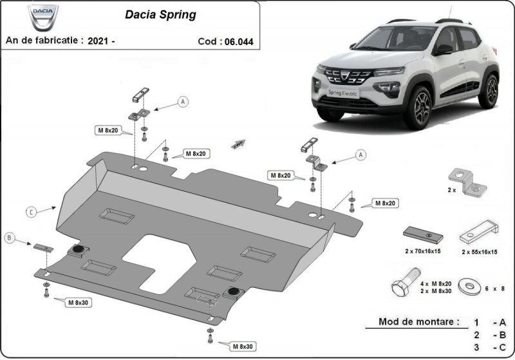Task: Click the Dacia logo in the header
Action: [43, 17]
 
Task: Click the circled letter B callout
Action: [9, 238]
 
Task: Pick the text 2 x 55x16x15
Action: [479, 252]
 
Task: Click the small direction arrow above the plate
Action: [239, 144]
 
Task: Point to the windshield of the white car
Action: [388, 40]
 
